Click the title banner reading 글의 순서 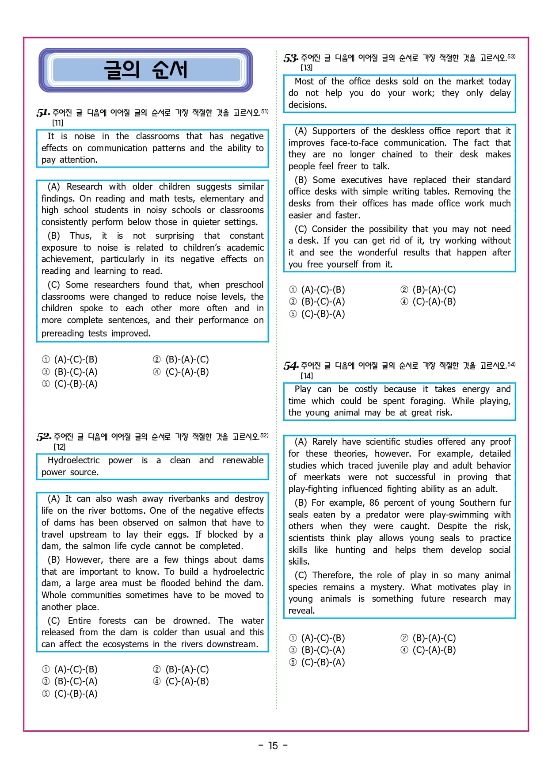[x=145, y=70]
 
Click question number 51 [x=43, y=113]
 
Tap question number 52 [x=43, y=437]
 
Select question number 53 [x=290, y=58]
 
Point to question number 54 [x=290, y=366]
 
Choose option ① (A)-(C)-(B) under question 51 [x=70, y=360]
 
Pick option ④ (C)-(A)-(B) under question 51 [x=181, y=372]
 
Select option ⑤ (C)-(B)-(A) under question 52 [x=70, y=694]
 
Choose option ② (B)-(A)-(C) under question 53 [x=428, y=290]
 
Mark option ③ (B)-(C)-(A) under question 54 [x=317, y=650]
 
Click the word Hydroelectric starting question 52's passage [x=74, y=461]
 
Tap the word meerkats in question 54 [x=322, y=477]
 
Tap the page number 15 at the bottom [x=273, y=746]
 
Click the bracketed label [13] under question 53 [x=306, y=68]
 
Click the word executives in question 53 [x=362, y=180]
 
